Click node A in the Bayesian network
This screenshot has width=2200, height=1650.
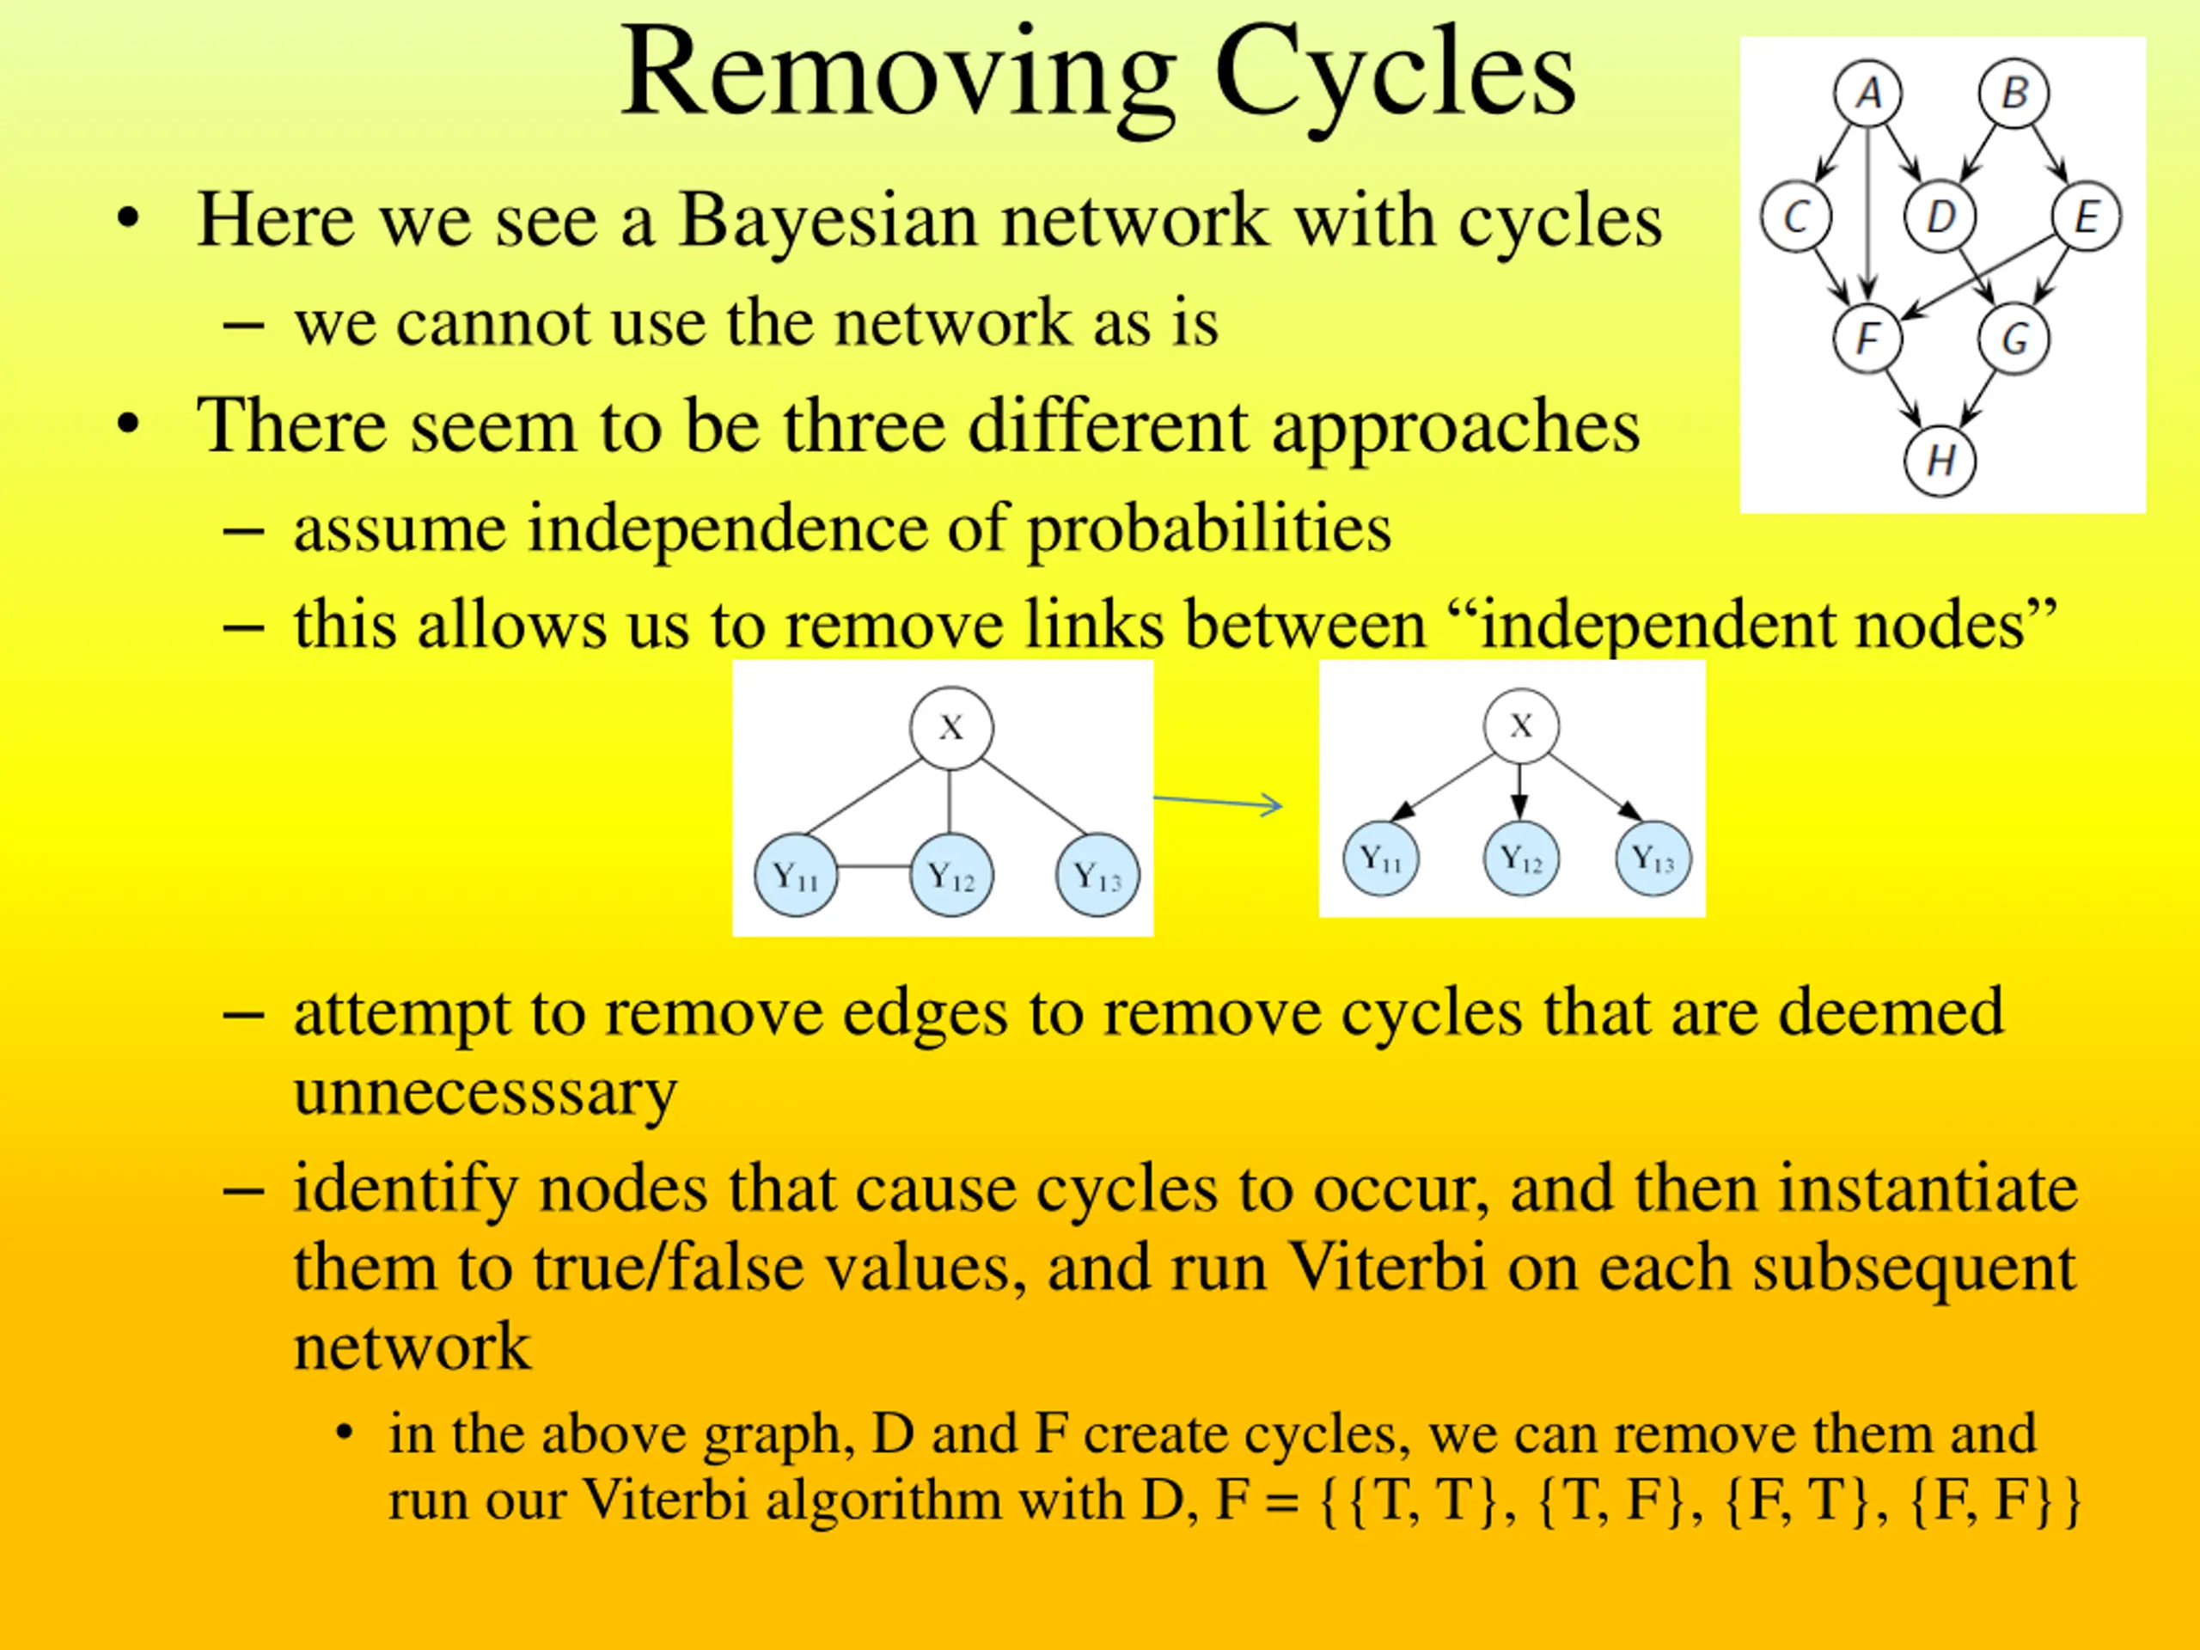point(1867,95)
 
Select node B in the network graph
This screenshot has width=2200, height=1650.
point(2014,95)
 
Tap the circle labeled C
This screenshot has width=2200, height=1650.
point(1795,217)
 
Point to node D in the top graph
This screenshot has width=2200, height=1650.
point(1940,217)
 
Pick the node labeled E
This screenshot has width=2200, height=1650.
point(2087,217)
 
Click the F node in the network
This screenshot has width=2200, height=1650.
point(1867,339)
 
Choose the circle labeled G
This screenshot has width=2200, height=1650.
point(2014,339)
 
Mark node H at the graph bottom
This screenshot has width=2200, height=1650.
point(1940,461)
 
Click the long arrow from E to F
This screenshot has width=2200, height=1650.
point(1979,278)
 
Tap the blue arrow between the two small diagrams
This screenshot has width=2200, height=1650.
point(1219,803)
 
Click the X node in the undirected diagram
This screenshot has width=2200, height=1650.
point(950,728)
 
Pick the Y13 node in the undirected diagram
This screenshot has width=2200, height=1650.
point(1097,875)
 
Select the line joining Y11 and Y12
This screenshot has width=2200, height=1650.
point(873,867)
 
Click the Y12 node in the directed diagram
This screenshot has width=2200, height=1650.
point(1521,858)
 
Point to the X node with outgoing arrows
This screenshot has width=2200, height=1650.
point(1521,726)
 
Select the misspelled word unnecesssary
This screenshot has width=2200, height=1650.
point(486,1091)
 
